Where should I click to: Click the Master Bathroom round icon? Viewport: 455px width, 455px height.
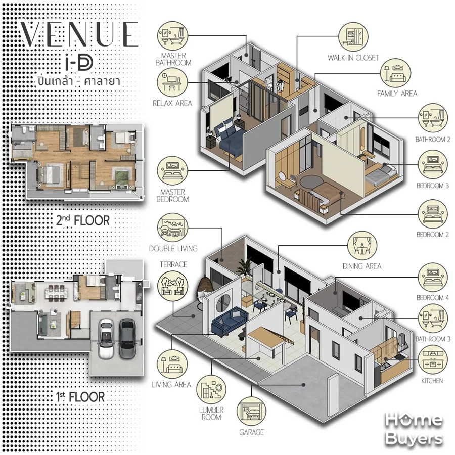[173, 36]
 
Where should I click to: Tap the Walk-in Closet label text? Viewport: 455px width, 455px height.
[353, 58]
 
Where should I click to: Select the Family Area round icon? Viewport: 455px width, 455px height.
[395, 73]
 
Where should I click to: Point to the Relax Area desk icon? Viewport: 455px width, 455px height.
[172, 82]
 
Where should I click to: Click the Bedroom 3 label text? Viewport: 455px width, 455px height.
[433, 186]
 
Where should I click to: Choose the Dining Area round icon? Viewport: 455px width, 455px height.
[362, 246]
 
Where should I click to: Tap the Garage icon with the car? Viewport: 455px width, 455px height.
[251, 412]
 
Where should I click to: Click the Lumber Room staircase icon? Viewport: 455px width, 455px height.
[211, 390]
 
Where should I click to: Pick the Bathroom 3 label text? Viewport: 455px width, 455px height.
[433, 339]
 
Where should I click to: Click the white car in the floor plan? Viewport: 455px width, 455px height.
[106, 338]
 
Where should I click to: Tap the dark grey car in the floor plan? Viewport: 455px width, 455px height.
[127, 338]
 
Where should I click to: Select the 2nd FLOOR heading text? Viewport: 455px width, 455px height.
[83, 220]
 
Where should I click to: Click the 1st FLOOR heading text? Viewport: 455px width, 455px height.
[80, 397]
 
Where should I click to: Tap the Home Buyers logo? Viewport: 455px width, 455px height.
[414, 429]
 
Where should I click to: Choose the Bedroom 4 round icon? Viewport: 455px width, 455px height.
[432, 278]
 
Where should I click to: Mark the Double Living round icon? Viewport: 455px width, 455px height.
[172, 228]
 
